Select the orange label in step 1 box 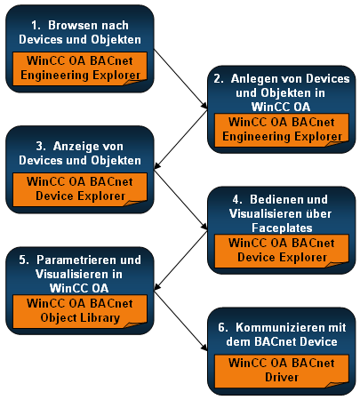[80, 68]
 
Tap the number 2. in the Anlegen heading [219, 79]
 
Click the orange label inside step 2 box [282, 130]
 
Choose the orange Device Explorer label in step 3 [80, 189]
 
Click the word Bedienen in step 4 [269, 199]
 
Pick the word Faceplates [282, 228]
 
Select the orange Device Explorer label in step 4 [282, 251]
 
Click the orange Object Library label [80, 311]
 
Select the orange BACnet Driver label [282, 372]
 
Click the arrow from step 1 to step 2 [180, 79]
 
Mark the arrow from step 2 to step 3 [180, 140]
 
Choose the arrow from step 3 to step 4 [180, 200]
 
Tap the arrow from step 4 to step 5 [180, 260]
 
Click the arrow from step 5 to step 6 [180, 321]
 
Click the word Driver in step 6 [282, 378]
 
